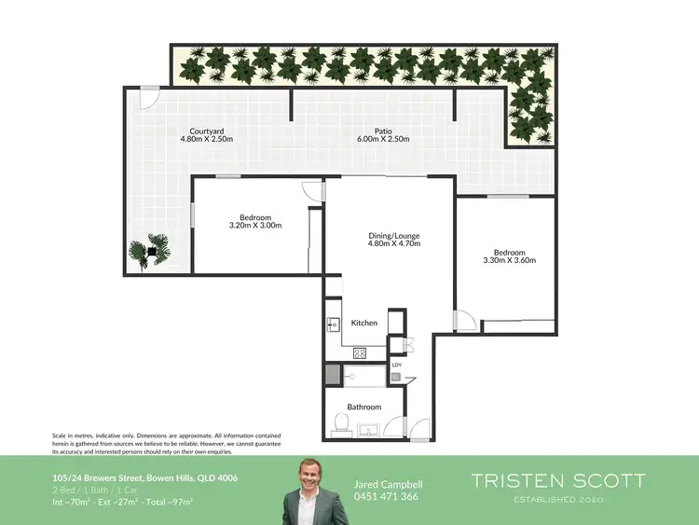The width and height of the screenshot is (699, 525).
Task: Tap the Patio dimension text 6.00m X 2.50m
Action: pyautogui.click(x=384, y=140)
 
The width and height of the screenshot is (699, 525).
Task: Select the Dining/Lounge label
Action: pyautogui.click(x=395, y=236)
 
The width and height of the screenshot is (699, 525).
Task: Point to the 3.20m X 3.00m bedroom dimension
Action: pyautogui.click(x=255, y=225)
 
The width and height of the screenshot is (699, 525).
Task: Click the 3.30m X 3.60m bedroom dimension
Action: pyautogui.click(x=510, y=261)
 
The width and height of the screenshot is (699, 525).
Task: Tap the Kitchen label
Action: pyautogui.click(x=363, y=323)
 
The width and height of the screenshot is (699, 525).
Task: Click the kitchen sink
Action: pyautogui.click(x=334, y=325)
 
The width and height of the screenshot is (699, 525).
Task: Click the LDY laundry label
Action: pyautogui.click(x=396, y=365)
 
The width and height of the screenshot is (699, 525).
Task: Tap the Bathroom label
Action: pyautogui.click(x=364, y=407)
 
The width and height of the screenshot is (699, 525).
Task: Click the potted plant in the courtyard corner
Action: pyautogui.click(x=143, y=252)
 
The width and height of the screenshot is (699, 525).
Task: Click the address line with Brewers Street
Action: pyautogui.click(x=144, y=478)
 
